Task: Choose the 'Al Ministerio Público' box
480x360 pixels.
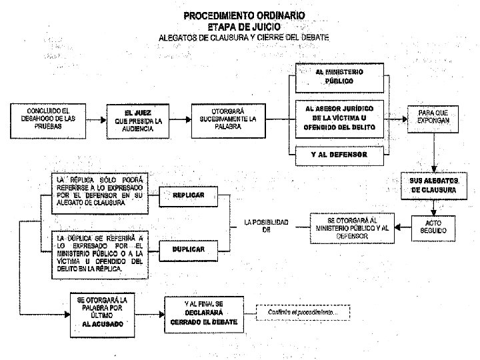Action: pyautogui.click(x=339, y=77)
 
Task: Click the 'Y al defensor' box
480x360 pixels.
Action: pyautogui.click(x=339, y=155)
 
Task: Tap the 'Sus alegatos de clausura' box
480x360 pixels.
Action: pyautogui.click(x=434, y=185)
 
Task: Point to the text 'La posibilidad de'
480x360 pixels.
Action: pyautogui.click(x=267, y=227)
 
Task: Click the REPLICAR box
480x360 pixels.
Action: pyautogui.click(x=188, y=195)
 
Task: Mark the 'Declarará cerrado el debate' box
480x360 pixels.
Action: pyautogui.click(x=204, y=313)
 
